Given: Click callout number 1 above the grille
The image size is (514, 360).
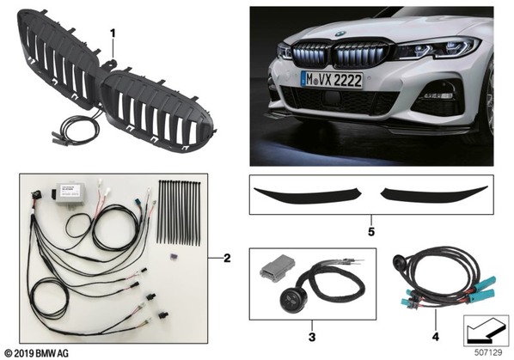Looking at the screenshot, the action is [x=113, y=34].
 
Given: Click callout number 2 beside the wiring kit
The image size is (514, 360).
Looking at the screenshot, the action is [x=227, y=259].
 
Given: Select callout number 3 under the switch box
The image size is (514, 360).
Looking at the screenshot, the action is [x=312, y=337].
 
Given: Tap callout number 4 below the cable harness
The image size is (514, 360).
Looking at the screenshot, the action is [x=435, y=337].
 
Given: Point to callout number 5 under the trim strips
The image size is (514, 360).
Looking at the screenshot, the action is [x=371, y=232].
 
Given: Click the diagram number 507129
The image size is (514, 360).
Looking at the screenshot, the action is [x=488, y=353].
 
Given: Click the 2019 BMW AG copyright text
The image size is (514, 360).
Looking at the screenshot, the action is [x=37, y=353].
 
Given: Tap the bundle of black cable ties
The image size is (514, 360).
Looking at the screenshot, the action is [x=179, y=212].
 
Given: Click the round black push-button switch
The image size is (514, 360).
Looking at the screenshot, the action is [x=291, y=299].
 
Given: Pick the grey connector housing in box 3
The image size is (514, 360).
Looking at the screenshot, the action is [x=277, y=266].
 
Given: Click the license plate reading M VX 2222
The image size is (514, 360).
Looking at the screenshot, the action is [x=332, y=80].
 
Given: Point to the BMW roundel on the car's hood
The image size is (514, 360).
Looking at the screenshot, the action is [x=340, y=34].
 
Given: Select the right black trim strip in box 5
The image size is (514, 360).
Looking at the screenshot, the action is [x=434, y=194].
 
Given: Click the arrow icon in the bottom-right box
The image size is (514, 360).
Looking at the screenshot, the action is [x=486, y=330].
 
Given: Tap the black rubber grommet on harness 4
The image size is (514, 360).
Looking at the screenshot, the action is [x=399, y=259].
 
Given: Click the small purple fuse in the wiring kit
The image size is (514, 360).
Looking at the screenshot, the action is [x=172, y=255].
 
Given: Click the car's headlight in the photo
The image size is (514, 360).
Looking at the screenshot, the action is [x=438, y=49].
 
